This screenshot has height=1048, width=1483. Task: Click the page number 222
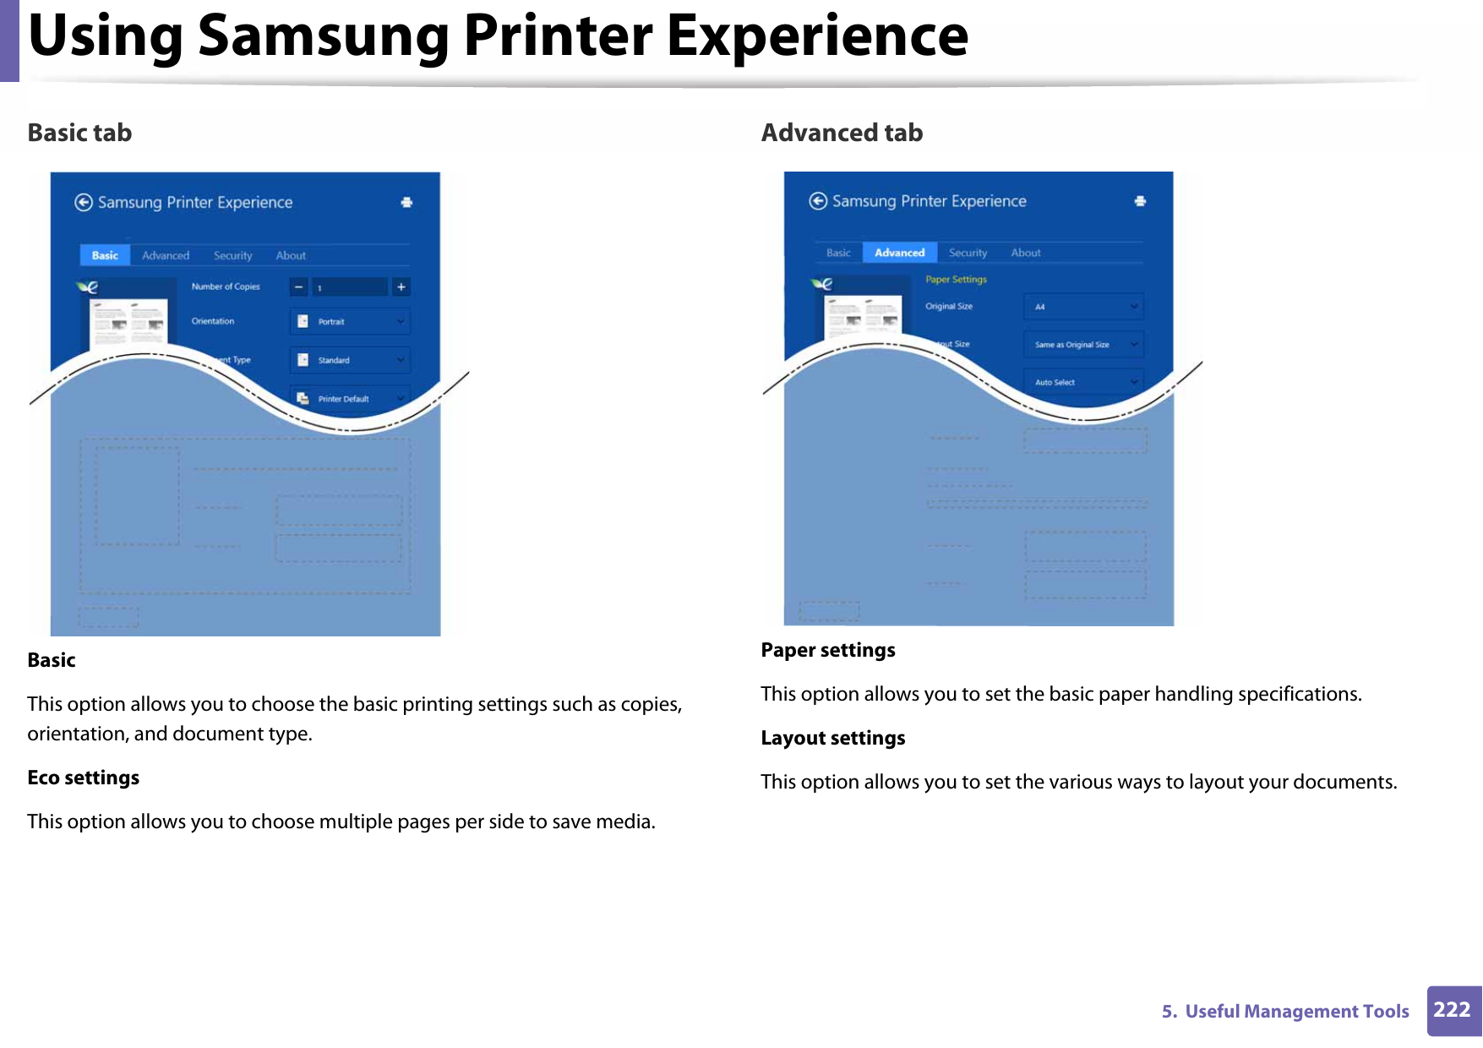click(1452, 1010)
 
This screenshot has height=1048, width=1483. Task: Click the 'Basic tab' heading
click(79, 133)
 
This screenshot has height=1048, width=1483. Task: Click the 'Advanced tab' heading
click(842, 133)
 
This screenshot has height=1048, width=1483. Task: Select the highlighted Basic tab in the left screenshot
click(105, 255)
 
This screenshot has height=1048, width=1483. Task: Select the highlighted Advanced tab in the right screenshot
click(899, 253)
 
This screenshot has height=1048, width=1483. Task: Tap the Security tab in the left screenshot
click(232, 255)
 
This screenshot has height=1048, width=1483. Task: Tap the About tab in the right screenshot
click(1025, 253)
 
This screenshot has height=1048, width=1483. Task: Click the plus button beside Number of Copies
click(401, 287)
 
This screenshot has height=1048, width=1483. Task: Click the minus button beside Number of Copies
click(299, 287)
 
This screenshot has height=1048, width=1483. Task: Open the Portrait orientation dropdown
click(350, 322)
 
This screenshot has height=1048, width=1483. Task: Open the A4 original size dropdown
click(1083, 307)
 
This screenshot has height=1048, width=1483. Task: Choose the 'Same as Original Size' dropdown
click(1083, 345)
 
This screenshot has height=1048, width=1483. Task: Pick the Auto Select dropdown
click(1083, 382)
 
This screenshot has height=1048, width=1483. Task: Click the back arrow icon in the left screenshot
click(84, 202)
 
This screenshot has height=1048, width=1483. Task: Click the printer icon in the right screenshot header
click(1140, 201)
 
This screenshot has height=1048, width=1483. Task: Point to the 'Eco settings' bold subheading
click(84, 778)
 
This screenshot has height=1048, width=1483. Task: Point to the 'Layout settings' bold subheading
click(832, 738)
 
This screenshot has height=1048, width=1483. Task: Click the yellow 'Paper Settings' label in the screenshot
click(956, 280)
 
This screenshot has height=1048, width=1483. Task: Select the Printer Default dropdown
click(350, 399)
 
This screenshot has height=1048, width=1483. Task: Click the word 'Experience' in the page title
click(817, 35)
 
